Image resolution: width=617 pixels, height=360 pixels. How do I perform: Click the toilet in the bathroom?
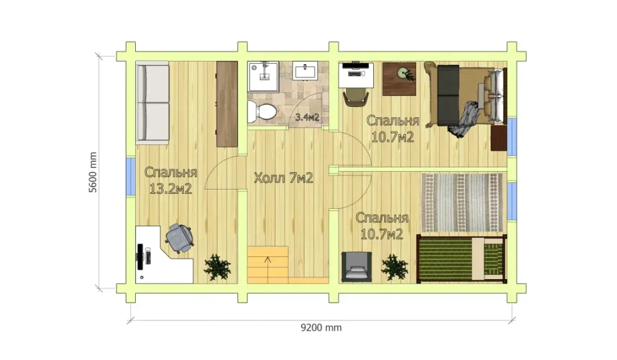(x=262, y=112)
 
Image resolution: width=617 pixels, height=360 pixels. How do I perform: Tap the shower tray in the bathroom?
(x=263, y=77)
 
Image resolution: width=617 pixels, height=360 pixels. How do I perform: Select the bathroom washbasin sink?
(x=305, y=71)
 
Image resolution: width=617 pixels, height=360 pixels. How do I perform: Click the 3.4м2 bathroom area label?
(x=307, y=117)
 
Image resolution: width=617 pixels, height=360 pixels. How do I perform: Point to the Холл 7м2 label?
(x=283, y=178)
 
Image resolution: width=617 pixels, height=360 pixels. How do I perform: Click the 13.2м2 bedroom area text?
(x=170, y=189)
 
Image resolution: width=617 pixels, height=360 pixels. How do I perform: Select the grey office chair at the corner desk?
(x=180, y=238)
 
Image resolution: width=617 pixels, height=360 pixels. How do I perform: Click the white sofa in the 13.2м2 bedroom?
(x=152, y=103)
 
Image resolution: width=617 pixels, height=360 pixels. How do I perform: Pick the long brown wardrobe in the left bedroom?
(x=227, y=104)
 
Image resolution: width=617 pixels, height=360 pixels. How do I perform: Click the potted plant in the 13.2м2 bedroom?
(x=217, y=267)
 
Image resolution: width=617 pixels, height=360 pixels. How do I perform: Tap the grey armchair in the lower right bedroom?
(x=357, y=267)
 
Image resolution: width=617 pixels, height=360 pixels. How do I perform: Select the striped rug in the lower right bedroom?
(x=462, y=203)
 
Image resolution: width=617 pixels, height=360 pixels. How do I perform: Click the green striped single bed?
(x=462, y=259)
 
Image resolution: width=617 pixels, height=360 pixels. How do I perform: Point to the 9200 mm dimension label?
(x=321, y=328)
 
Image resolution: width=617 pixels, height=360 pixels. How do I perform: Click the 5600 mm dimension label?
(x=93, y=172)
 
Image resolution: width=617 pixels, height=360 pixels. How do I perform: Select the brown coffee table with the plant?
(x=399, y=79)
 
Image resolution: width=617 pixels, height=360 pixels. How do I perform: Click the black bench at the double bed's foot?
(x=448, y=95)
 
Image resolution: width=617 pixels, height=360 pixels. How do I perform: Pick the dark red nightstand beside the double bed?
(x=499, y=138)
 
